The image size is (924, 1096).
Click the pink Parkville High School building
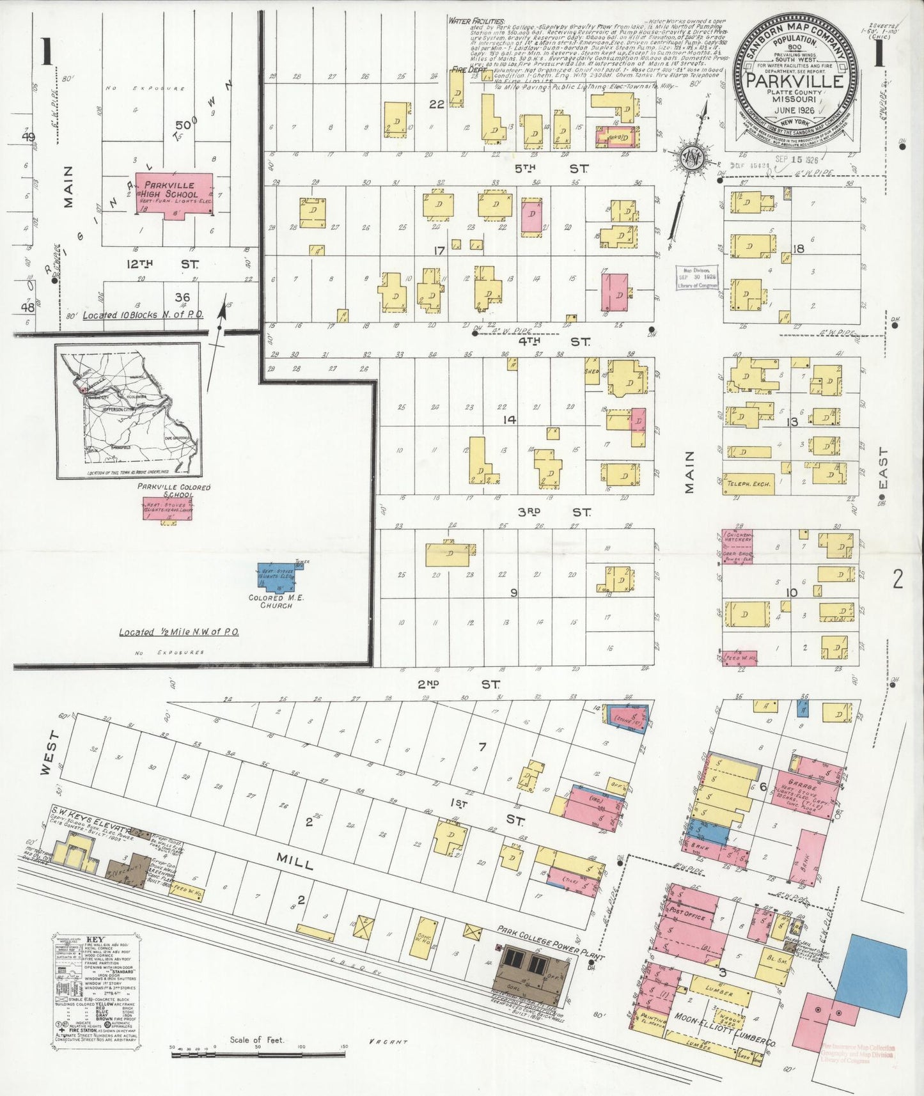pos(174,194)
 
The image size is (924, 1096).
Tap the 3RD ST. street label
pos(553,512)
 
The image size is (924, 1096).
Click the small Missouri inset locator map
pos(128,410)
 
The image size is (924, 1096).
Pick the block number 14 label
pos(510,419)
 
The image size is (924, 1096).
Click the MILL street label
pos(295,863)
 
